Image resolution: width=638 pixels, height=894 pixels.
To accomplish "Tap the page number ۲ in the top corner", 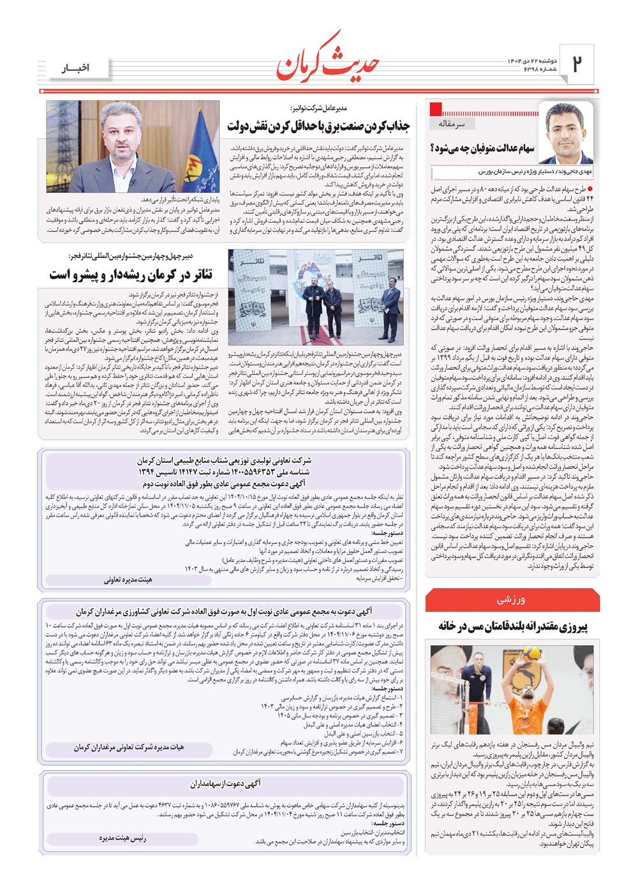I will (577, 63).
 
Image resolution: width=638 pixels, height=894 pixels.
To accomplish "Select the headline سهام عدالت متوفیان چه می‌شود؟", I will (483, 149).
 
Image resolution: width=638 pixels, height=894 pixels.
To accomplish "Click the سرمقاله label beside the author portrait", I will (452, 123).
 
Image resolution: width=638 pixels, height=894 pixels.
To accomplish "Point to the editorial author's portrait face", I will (565, 132).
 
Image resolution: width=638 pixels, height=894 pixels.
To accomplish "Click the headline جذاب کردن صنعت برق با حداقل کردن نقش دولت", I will (318, 126).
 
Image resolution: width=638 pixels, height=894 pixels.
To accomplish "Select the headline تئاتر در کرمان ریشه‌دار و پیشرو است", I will (131, 275).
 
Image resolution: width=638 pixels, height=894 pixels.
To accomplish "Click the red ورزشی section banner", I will (512, 600).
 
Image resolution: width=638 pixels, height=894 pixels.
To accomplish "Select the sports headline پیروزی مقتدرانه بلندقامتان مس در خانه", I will (512, 626).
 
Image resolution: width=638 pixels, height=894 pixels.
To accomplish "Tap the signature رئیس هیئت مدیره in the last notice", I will (122, 838).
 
